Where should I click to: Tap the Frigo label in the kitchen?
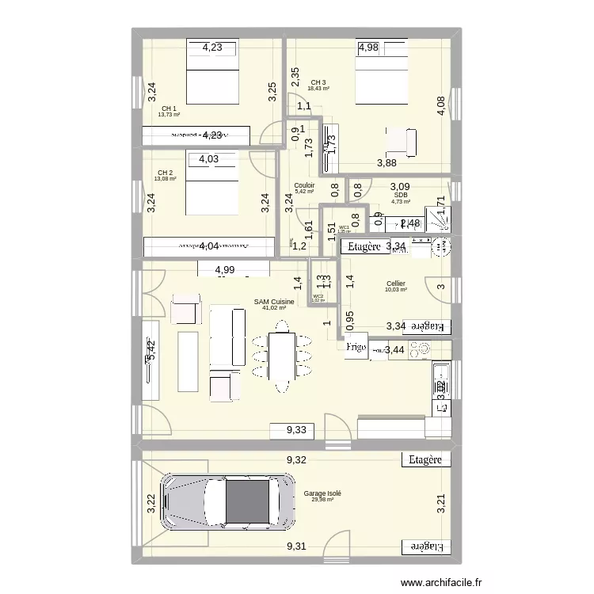coord(356,347)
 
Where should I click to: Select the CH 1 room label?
coord(169,109)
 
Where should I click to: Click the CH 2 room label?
coord(165,173)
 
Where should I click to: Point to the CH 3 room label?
coord(318,82)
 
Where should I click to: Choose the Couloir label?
coord(304,185)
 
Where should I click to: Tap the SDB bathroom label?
coord(400,195)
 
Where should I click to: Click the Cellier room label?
coord(396,284)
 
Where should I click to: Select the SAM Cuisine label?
coord(274,302)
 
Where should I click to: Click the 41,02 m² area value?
coord(274,308)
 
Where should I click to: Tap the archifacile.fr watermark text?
coord(442,582)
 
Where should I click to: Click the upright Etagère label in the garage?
coord(425,459)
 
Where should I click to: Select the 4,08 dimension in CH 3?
coord(440,106)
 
